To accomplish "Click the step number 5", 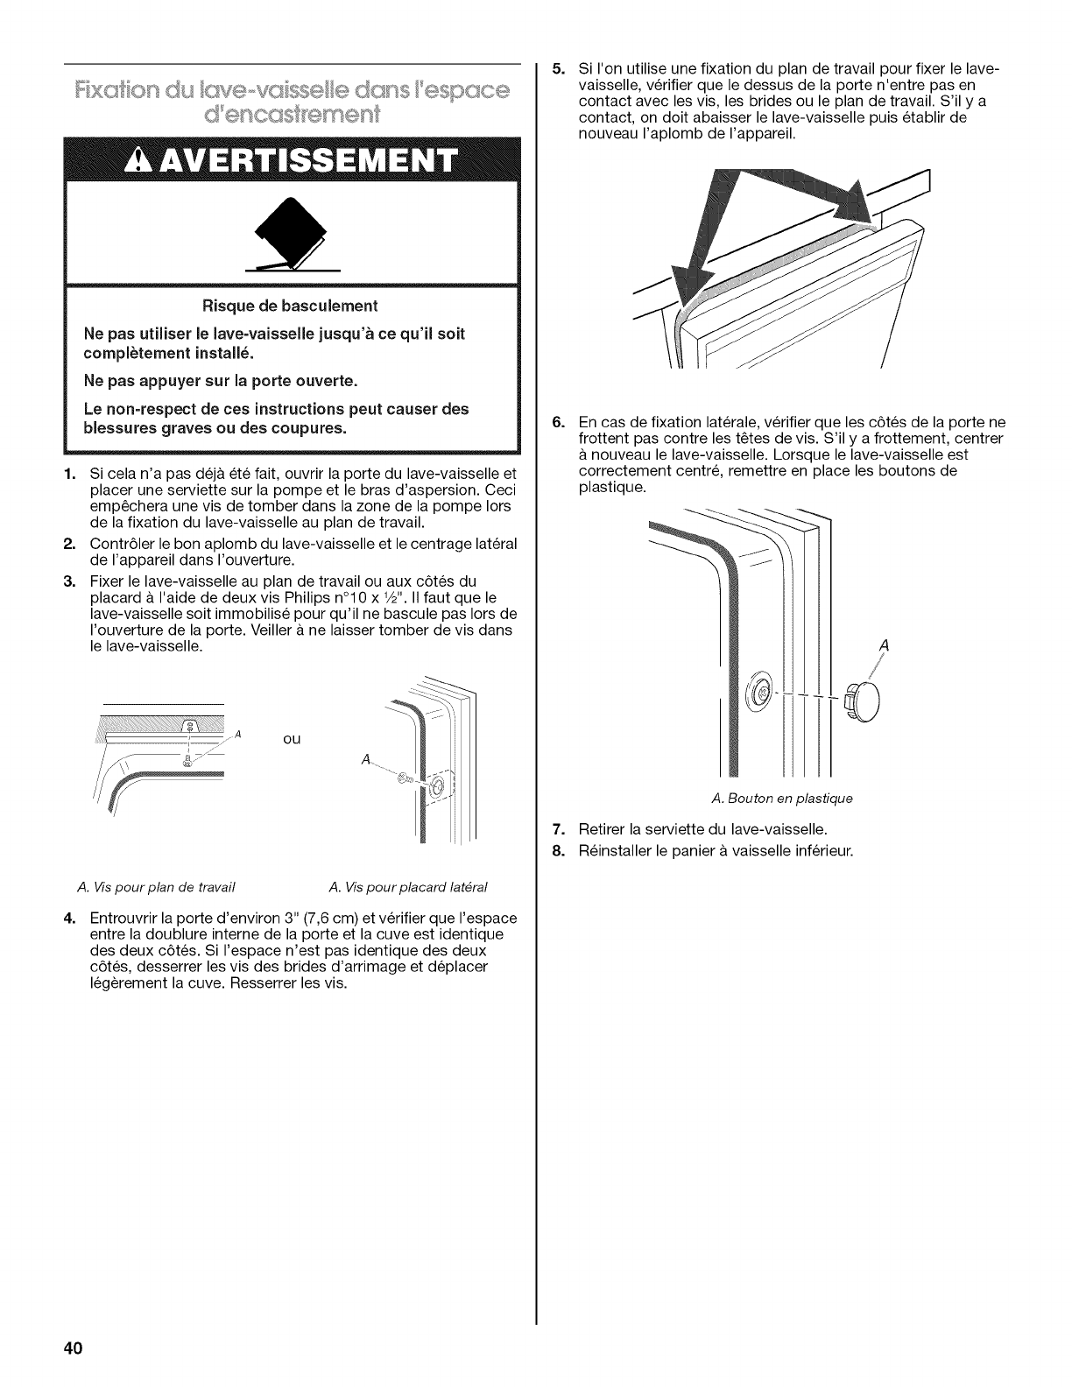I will [556, 69].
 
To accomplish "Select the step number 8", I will [556, 850].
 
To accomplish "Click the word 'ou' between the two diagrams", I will [293, 738].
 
